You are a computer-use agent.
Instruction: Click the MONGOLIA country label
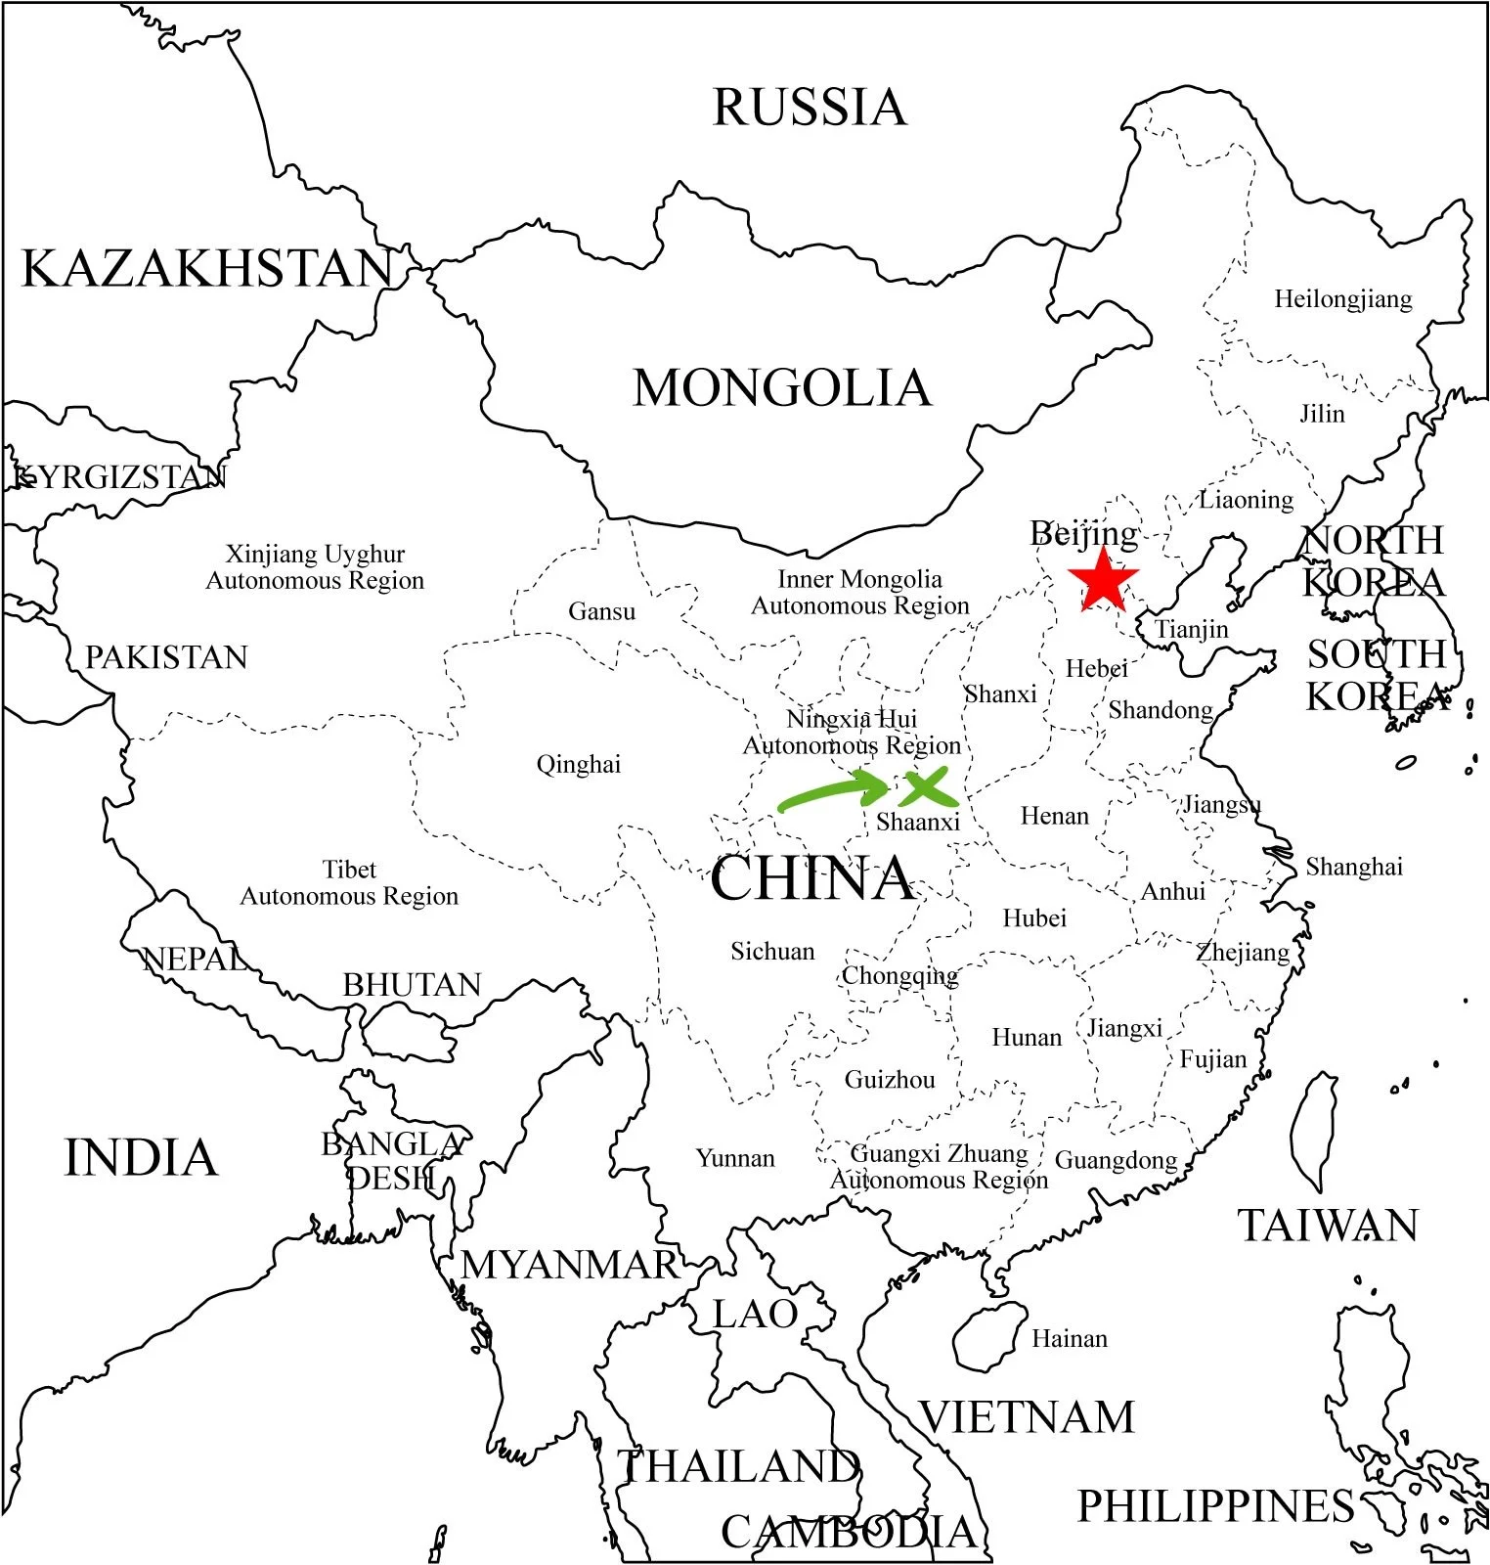(782, 388)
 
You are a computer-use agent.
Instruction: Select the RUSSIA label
(810, 108)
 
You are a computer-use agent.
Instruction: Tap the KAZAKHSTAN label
(207, 269)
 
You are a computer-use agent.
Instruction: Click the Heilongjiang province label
(1342, 299)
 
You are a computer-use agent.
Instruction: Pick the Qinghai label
(578, 764)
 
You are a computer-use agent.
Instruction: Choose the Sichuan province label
(772, 951)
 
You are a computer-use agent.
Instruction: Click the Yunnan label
(735, 1158)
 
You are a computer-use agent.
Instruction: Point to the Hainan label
(1070, 1338)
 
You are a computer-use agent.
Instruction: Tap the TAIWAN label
(1328, 1226)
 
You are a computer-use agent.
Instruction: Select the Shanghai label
(1354, 867)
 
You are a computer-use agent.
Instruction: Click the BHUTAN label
(412, 985)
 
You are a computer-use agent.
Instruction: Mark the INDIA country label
(141, 1158)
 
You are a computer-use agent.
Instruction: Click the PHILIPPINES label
(1215, 1506)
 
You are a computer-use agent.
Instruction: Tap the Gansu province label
(601, 611)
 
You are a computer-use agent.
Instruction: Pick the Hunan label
(1027, 1037)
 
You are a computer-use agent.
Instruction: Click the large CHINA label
(811, 878)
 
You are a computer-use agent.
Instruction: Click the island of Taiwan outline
(1314, 1130)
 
